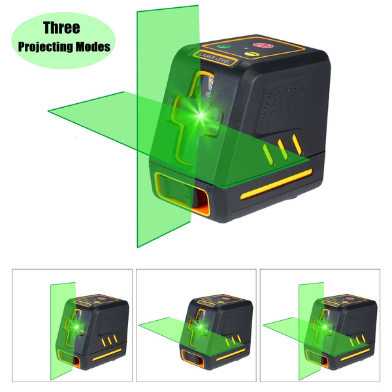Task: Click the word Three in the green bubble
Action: pos(61,28)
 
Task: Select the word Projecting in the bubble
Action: pos(46,47)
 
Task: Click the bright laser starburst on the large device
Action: pos(195,116)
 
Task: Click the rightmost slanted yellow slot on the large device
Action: pos(297,143)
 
